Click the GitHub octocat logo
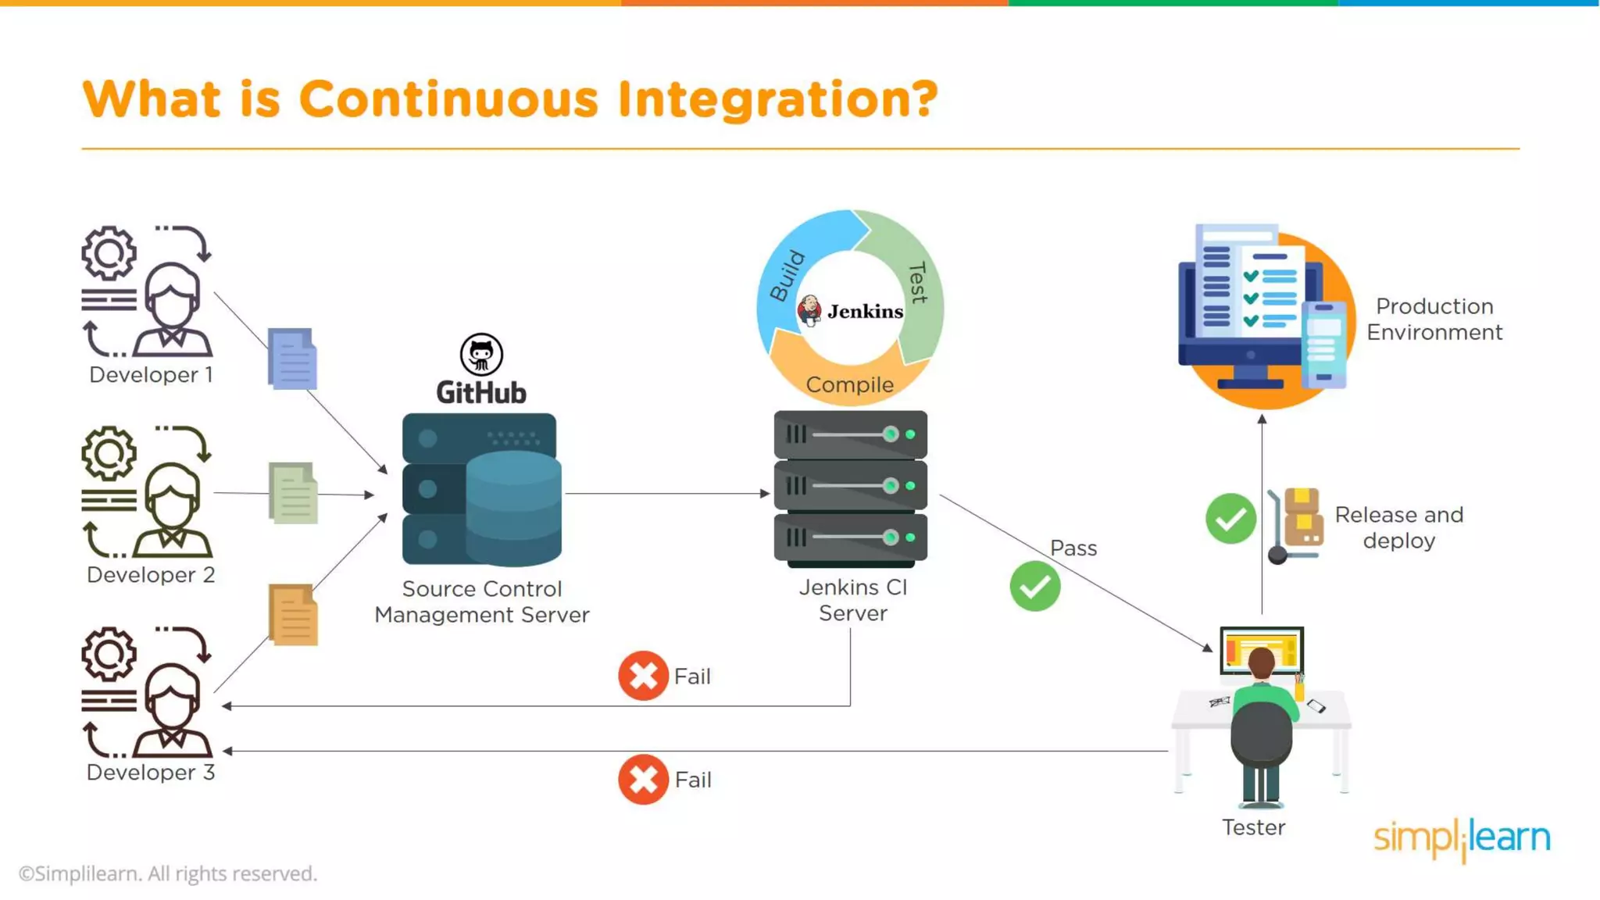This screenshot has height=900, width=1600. click(481, 355)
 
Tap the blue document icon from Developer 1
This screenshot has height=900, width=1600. click(292, 359)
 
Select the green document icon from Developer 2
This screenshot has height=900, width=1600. click(293, 493)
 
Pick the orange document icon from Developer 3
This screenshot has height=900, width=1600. click(293, 616)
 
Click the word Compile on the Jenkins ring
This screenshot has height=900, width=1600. click(850, 384)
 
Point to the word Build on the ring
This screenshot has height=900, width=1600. click(787, 276)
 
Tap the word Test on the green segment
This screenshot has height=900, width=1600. click(918, 282)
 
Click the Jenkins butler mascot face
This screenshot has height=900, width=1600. click(809, 310)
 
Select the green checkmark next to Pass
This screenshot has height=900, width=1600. click(1035, 586)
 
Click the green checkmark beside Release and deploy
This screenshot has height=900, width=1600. click(1230, 518)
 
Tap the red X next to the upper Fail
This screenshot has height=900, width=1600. click(643, 676)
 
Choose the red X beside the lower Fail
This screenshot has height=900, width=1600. click(643, 779)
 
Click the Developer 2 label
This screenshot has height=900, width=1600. click(151, 575)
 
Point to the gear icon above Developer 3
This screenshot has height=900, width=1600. click(109, 653)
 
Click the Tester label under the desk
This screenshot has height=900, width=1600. click(1253, 827)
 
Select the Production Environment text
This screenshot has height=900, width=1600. click(1434, 319)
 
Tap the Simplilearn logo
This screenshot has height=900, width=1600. click(1462, 838)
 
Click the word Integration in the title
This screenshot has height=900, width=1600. click(777, 100)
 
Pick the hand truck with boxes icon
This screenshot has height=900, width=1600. click(1297, 523)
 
